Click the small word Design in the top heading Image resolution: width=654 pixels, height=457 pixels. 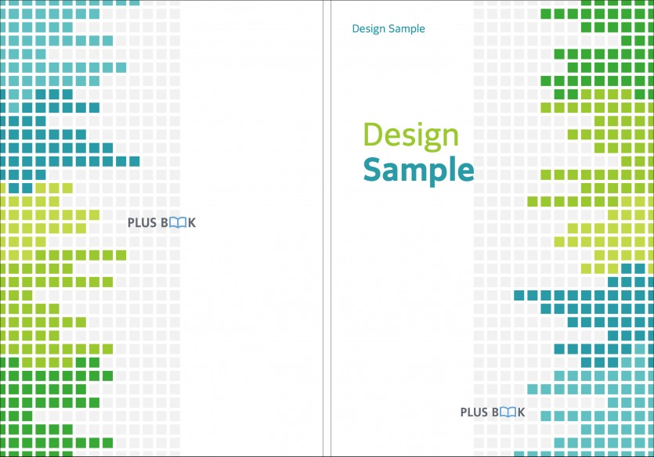coord(369,29)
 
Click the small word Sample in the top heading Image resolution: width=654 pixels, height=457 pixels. coord(406,29)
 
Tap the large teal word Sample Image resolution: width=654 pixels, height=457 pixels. coord(419,171)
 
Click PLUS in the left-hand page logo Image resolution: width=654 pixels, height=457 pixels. coord(142,223)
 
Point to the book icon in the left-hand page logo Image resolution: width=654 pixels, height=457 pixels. coord(178,223)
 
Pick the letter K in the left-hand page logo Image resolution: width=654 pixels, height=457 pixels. coord(192,223)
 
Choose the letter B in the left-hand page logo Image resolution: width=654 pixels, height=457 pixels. coord(164,223)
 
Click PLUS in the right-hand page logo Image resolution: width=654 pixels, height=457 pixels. coord(474,412)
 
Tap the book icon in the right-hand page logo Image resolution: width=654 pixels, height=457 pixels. coord(508,412)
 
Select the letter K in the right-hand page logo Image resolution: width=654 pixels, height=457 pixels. coord(522,412)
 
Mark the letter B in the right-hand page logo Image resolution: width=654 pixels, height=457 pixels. coord(495,412)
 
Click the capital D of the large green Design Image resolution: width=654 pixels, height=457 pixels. coord(374,134)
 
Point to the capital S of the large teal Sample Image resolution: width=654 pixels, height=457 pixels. coord(372,169)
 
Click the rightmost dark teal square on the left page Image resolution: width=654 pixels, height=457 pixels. coord(134,161)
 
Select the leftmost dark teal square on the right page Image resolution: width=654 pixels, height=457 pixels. coord(519,295)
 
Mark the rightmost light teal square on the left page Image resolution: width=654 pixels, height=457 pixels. coord(134,2)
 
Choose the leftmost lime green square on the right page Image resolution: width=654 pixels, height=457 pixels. coord(533,202)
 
